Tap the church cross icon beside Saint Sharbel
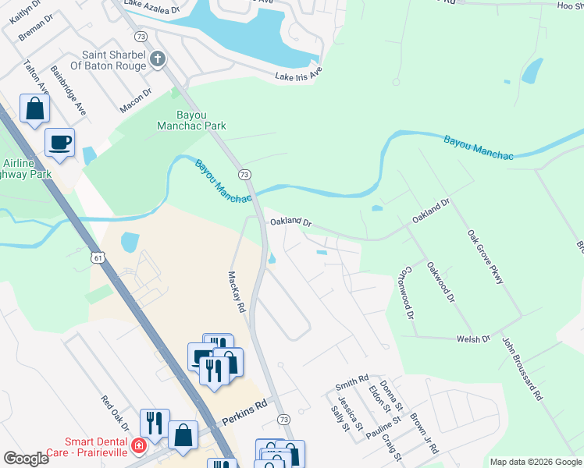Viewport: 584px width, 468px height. point(158,59)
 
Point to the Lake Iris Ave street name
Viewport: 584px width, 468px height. point(298,76)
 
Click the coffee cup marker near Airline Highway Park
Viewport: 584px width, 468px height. point(59,143)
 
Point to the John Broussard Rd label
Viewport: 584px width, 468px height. point(522,368)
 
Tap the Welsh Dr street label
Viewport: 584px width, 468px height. point(473,339)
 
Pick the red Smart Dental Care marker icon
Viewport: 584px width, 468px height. point(139,445)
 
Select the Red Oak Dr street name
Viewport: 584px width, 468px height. point(114,413)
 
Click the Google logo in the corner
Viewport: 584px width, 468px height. point(26,459)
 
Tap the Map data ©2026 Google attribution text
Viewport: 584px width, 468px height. point(536,462)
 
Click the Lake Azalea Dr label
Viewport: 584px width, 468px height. point(151,5)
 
